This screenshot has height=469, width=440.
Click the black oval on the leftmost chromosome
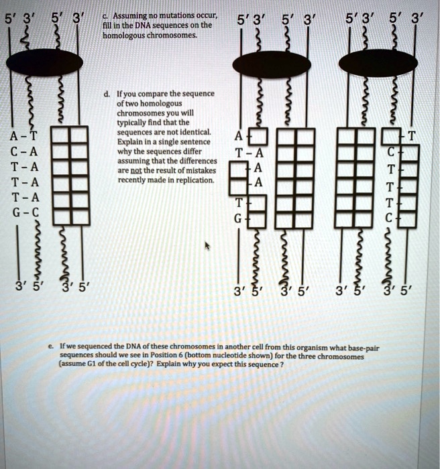coord(44,62)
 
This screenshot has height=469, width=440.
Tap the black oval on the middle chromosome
coord(271,64)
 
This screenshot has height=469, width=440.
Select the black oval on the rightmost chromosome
coord(378,63)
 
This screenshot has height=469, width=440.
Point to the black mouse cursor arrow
coord(207,247)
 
